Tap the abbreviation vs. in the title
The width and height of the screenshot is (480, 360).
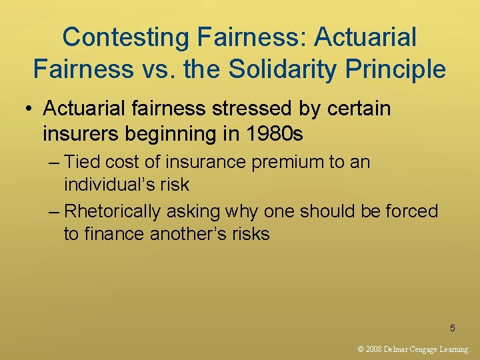tap(163, 69)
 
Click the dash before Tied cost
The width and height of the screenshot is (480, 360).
tap(55, 162)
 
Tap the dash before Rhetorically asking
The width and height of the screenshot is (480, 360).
tap(55, 211)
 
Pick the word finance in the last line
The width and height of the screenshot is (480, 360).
tap(115, 234)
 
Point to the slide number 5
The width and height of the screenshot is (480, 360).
tap(453, 328)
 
